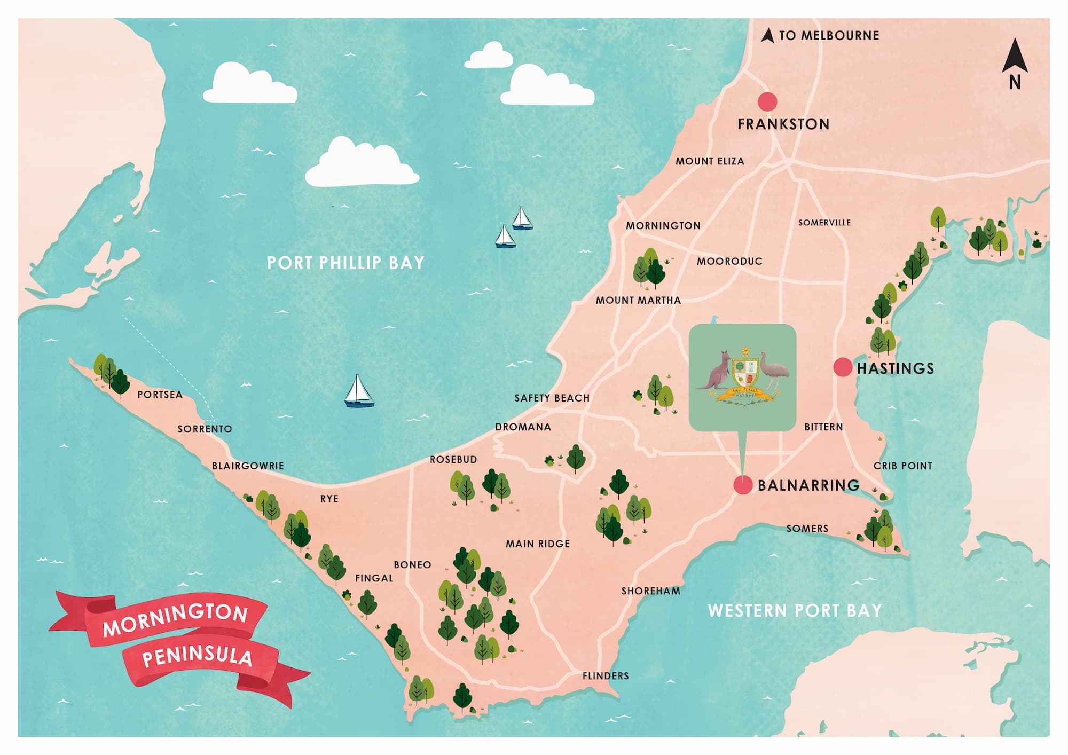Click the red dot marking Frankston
click(x=767, y=101)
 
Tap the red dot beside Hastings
click(x=843, y=367)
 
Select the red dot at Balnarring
click(x=743, y=485)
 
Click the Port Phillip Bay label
click(x=345, y=263)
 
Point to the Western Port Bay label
click(x=795, y=610)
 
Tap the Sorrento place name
click(x=205, y=429)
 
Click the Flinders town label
click(x=606, y=676)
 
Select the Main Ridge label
click(x=538, y=544)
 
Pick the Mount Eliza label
click(x=710, y=161)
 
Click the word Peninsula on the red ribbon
click(x=197, y=656)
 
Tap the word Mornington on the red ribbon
click(x=176, y=619)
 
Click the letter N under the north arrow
click(x=1015, y=82)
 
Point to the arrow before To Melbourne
click(x=767, y=36)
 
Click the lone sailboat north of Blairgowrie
click(x=358, y=392)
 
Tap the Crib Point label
click(x=902, y=466)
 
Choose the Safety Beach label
click(x=552, y=398)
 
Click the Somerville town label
click(x=824, y=223)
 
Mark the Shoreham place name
click(x=650, y=591)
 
